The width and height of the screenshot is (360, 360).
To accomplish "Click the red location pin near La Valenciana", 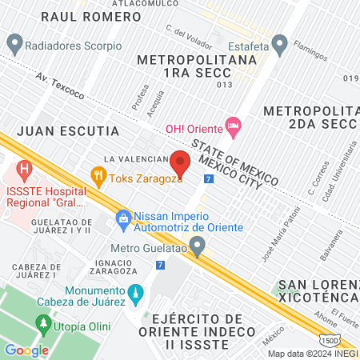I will pos(180,163).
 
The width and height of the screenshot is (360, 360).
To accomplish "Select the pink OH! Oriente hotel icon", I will pos(234,126).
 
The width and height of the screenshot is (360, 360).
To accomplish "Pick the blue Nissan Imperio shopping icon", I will pos(123,217).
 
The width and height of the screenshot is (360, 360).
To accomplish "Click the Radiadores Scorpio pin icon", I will pos(14,42).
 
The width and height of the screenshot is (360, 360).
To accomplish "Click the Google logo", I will pos(27,349).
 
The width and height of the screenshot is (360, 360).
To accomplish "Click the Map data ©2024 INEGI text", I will pos(312,354).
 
